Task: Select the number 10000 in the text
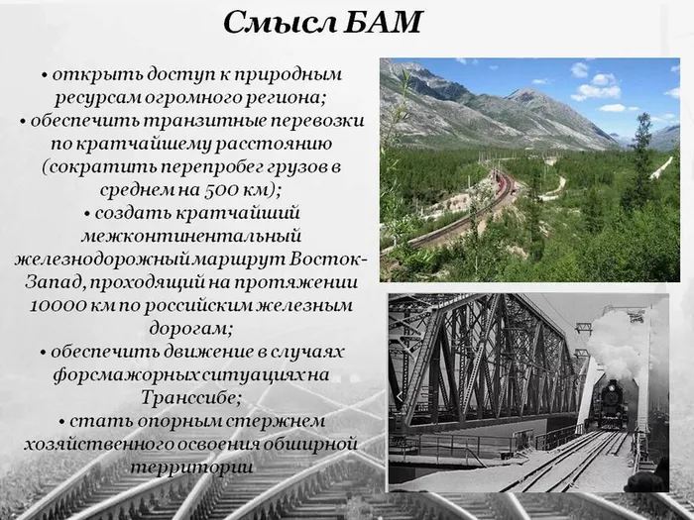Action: (x=63, y=303)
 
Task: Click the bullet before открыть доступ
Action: (x=46, y=75)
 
